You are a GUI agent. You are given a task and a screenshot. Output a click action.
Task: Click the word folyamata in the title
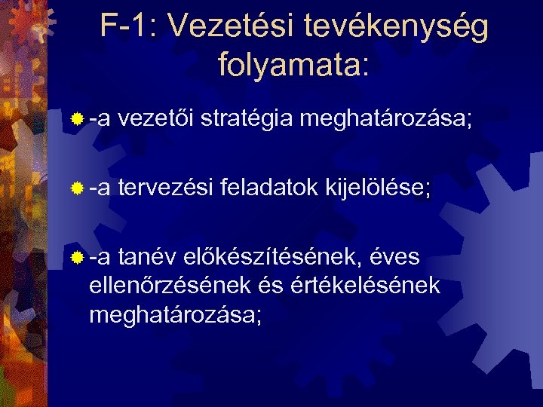pos(290,66)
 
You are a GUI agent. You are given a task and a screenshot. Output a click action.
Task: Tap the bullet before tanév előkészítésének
pos(78,258)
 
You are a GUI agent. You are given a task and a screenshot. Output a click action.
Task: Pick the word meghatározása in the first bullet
pos(385,119)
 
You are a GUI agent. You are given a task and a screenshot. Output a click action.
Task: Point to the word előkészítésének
pos(273,257)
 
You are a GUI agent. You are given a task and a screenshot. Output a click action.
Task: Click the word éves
pos(395,257)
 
